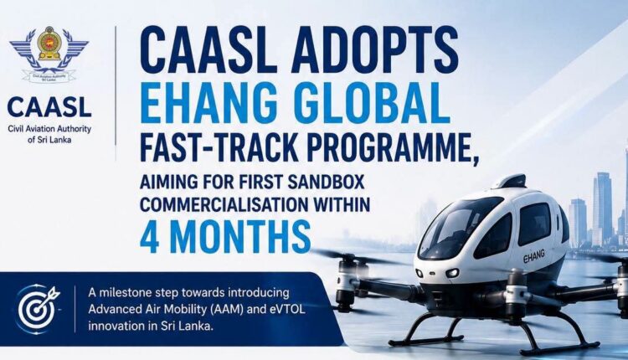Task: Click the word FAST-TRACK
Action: pos(219,147)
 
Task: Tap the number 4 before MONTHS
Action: pos(149,238)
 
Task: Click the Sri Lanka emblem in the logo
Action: pos(49,44)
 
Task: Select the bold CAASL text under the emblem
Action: pos(49,107)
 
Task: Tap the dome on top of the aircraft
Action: pos(509,182)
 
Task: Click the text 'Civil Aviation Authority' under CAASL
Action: pos(49,129)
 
